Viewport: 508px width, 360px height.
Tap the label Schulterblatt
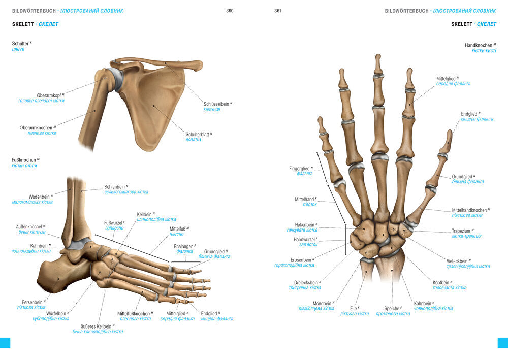coord(198,134)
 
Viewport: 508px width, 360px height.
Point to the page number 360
coord(230,10)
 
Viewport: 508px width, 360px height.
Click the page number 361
coord(278,10)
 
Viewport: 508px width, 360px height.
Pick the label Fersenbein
coord(32,302)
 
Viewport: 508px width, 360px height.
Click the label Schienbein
coord(115,186)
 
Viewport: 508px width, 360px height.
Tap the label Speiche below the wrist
coord(392,308)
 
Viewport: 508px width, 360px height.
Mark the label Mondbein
coord(322,303)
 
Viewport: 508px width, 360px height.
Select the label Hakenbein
coord(305,224)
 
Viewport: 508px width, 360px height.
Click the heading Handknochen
coord(479,45)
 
